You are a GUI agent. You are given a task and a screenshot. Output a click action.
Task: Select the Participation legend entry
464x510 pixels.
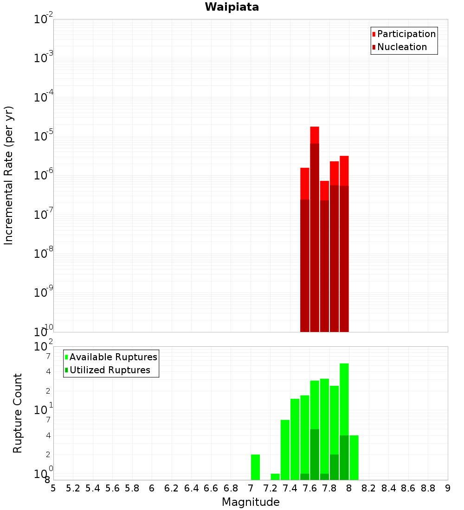(406, 34)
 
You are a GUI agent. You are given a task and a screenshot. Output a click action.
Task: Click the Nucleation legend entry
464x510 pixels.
(401, 47)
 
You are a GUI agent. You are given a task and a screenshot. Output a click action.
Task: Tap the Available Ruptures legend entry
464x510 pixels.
(113, 357)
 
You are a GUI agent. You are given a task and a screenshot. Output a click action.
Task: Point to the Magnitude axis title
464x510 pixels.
(251, 502)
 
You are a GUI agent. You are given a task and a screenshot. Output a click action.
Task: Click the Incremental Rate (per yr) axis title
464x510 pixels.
(9, 175)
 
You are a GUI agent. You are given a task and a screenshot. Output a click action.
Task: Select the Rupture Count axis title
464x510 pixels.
(18, 413)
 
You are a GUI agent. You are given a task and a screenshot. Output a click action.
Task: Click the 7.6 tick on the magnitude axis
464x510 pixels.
(309, 488)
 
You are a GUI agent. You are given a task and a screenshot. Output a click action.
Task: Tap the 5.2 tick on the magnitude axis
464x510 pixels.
(73, 488)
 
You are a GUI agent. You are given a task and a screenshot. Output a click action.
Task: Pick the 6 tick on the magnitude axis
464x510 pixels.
(152, 488)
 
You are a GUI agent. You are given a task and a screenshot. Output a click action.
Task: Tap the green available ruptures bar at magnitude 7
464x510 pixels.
(255, 467)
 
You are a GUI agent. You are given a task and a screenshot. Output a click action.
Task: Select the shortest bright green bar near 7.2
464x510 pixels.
(275, 477)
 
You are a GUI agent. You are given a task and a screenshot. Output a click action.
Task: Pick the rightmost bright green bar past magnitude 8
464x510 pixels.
(354, 457)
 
